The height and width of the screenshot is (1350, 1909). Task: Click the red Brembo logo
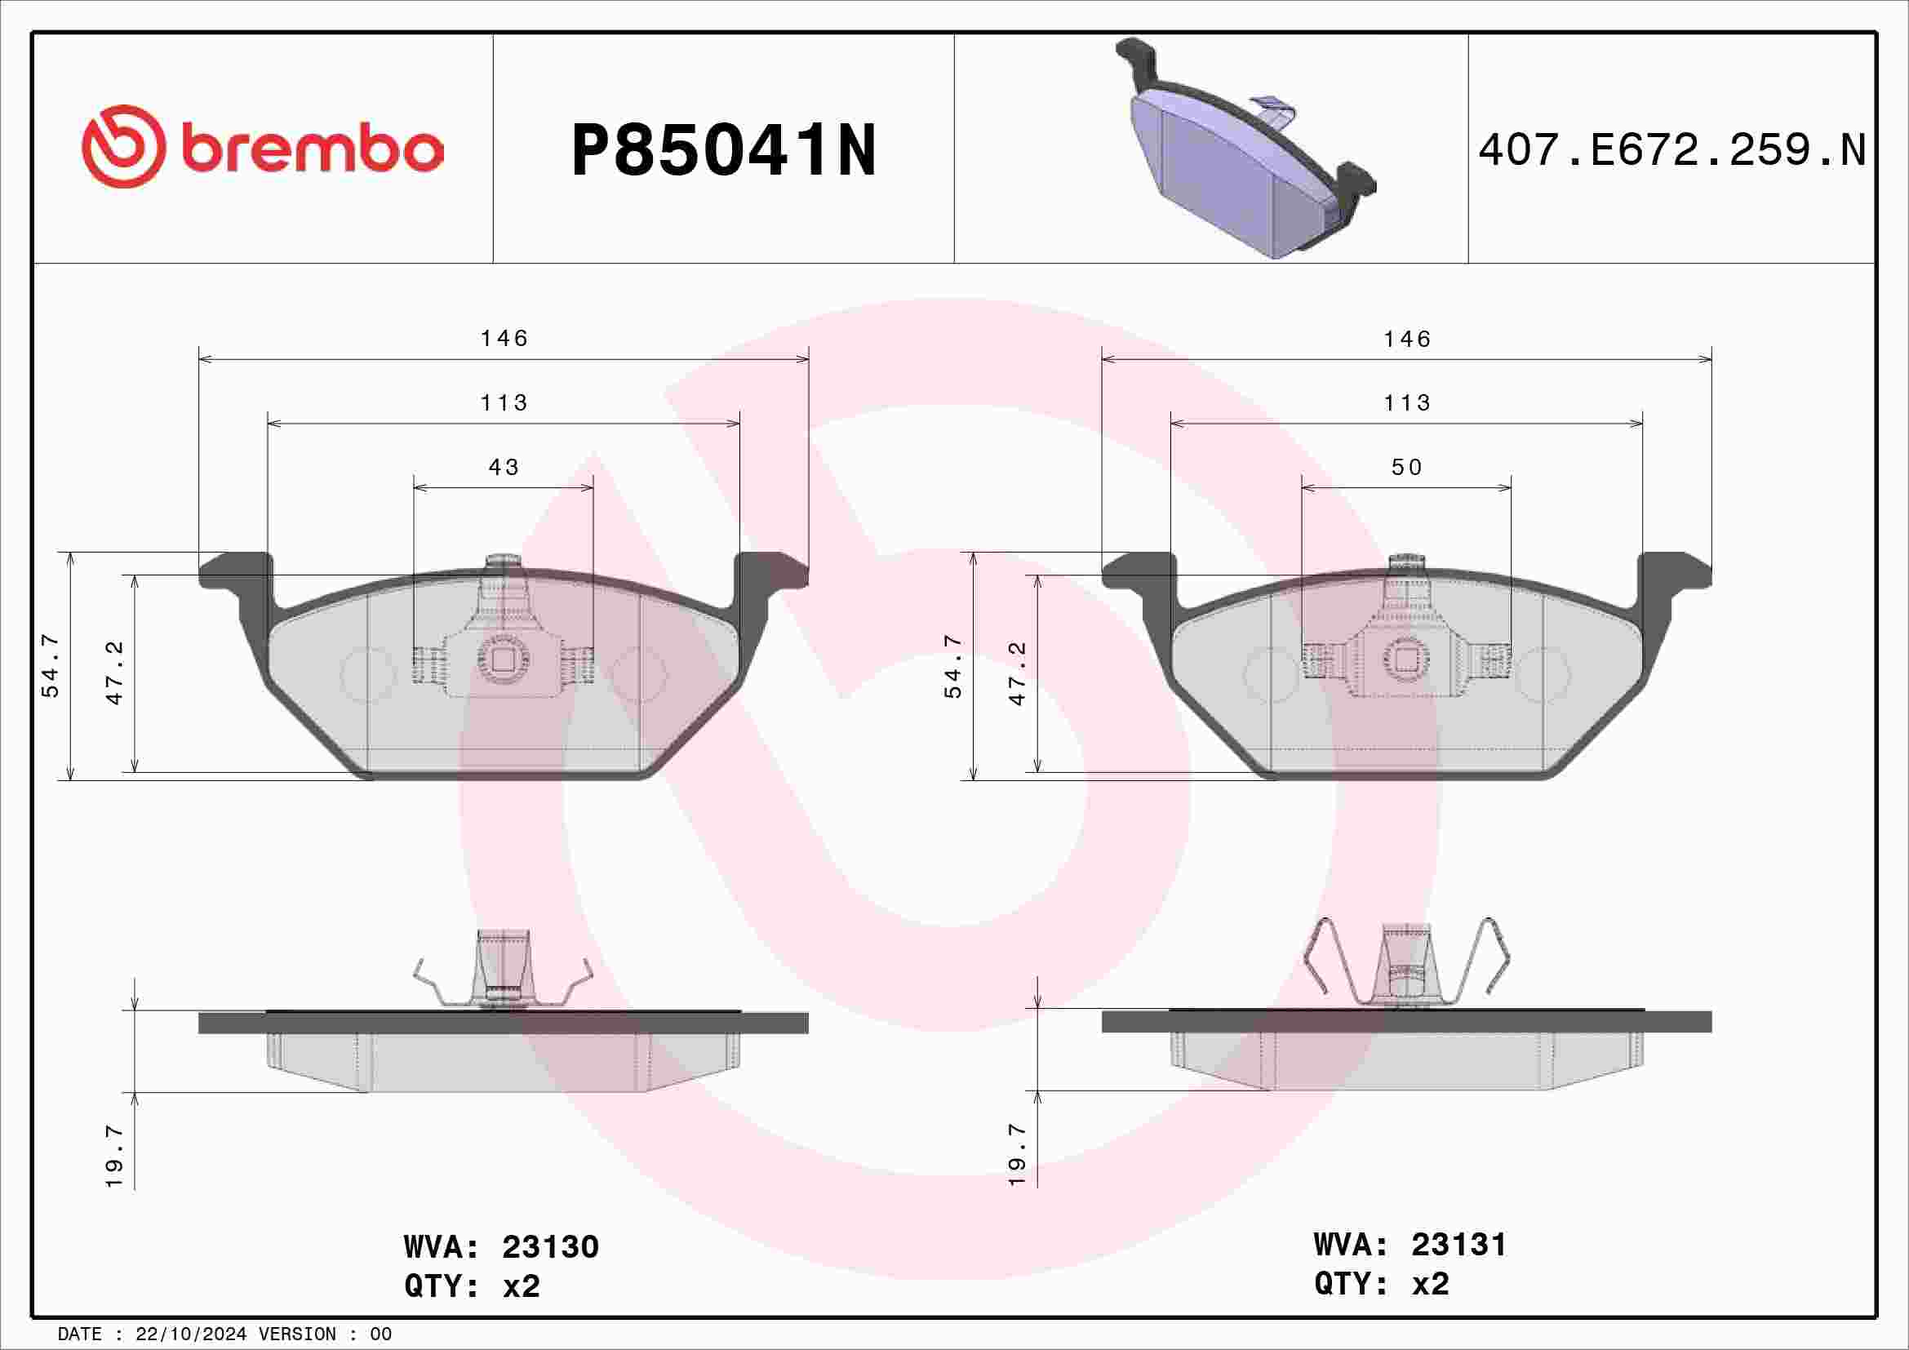(x=263, y=146)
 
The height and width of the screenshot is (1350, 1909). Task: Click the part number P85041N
(x=723, y=150)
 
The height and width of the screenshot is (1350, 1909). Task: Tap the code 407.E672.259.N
(x=1672, y=150)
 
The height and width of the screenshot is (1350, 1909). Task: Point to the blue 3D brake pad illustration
(x=1245, y=148)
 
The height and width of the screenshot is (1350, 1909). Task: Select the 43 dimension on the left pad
(x=503, y=467)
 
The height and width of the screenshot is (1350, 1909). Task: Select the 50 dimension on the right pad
(x=1406, y=467)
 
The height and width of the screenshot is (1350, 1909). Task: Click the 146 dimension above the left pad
(x=504, y=339)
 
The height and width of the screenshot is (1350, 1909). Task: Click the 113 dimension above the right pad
(x=1407, y=403)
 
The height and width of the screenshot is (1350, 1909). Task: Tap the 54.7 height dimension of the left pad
(x=50, y=666)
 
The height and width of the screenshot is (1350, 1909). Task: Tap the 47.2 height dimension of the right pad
(x=1017, y=674)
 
